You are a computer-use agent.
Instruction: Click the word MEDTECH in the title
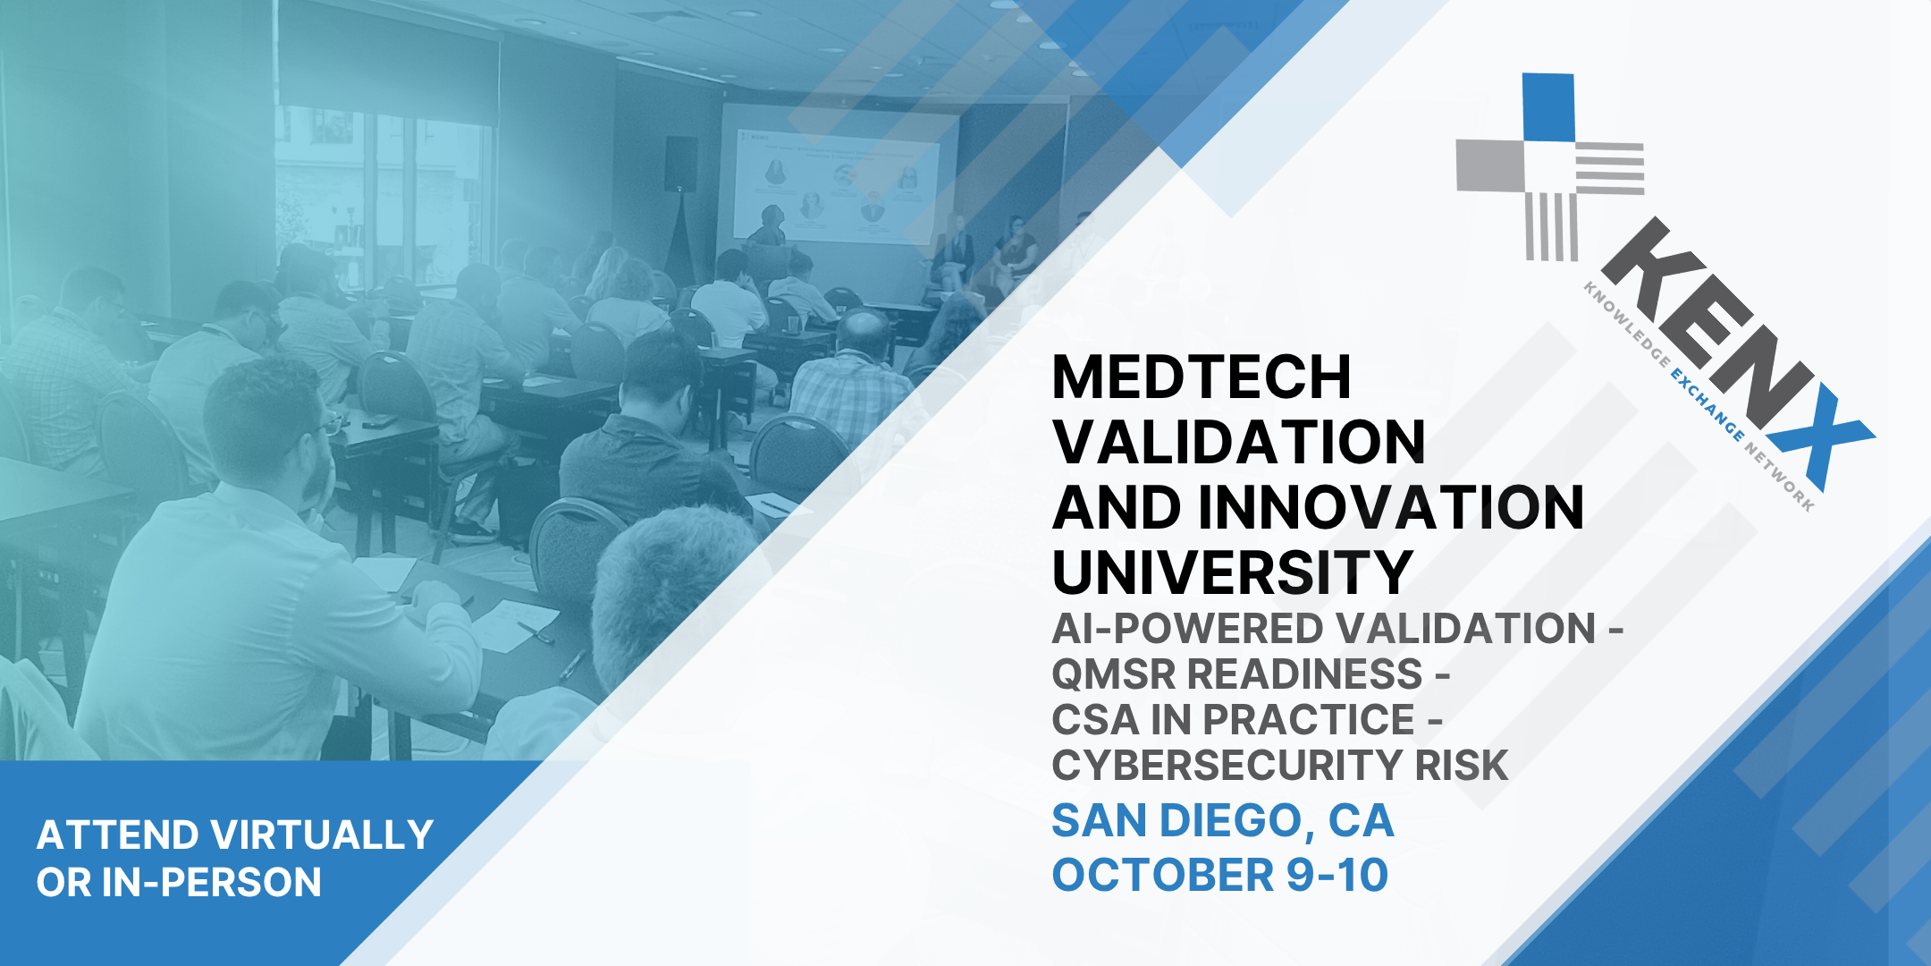(x=1202, y=377)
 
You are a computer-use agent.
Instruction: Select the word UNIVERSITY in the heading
(x=1232, y=572)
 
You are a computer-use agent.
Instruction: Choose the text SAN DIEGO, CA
(x=1223, y=821)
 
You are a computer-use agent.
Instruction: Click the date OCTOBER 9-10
(x=1220, y=875)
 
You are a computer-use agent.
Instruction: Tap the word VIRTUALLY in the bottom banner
(x=323, y=835)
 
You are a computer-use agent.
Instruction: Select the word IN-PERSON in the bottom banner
(x=211, y=882)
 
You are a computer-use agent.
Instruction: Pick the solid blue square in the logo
(x=1547, y=107)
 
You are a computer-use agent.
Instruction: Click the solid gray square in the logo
(x=1490, y=165)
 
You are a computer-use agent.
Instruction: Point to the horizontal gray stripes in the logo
(x=1609, y=167)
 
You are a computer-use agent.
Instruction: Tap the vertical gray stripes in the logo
(x=1551, y=226)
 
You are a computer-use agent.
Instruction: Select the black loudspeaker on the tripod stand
(x=680, y=164)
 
